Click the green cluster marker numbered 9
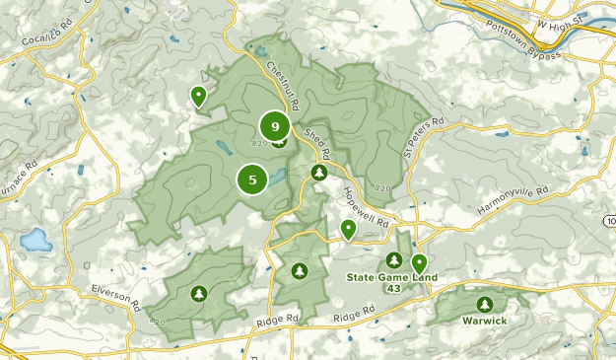275,126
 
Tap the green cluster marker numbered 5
253,180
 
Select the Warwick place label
484,322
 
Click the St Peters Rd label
422,138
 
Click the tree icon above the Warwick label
484,305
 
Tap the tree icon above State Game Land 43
394,260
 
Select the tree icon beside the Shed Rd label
319,173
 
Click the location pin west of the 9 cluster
198,96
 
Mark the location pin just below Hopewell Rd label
348,229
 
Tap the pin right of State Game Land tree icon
419,262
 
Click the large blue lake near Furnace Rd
35,240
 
